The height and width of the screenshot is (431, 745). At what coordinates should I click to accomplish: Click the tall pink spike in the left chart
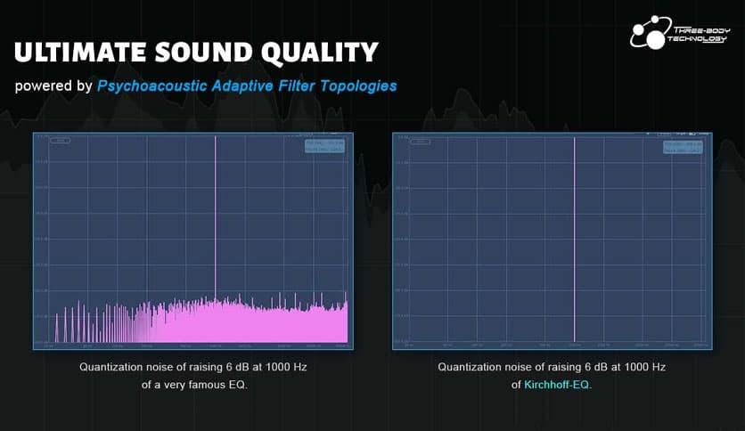point(216,214)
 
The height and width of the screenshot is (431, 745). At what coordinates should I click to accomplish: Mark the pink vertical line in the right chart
point(574,240)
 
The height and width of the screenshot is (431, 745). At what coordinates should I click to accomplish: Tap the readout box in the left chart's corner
point(324,146)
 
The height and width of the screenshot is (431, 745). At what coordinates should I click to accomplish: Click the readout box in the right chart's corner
point(683,146)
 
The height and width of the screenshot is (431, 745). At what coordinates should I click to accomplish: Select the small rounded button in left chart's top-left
point(60,141)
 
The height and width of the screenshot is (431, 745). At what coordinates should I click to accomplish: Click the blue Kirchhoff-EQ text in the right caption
point(556,385)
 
